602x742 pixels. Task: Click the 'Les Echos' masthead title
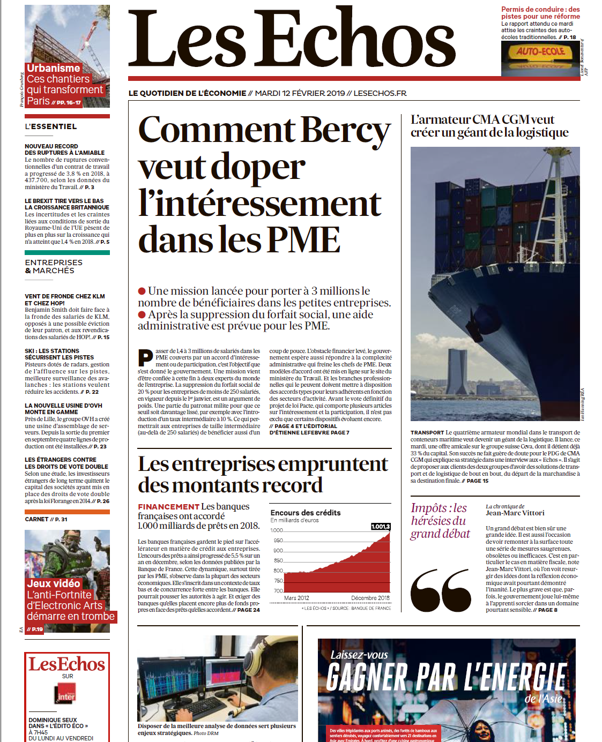[292, 39]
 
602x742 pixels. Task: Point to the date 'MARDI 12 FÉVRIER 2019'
[300, 93]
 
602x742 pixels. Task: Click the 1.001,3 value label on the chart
[381, 527]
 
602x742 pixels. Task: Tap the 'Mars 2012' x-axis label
[296, 598]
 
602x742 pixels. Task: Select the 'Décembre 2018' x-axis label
[370, 598]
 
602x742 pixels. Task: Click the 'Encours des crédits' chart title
[306, 513]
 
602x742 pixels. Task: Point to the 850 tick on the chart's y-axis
[278, 560]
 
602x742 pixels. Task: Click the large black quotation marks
[441, 590]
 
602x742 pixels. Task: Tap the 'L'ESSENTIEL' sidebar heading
[51, 126]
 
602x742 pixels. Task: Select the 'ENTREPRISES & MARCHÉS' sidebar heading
[54, 266]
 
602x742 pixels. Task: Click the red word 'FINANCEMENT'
[168, 506]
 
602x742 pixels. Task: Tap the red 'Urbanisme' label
[54, 68]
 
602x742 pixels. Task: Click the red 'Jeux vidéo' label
[54, 583]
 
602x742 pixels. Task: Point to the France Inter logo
[66, 695]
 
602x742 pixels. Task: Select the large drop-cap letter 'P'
[145, 357]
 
